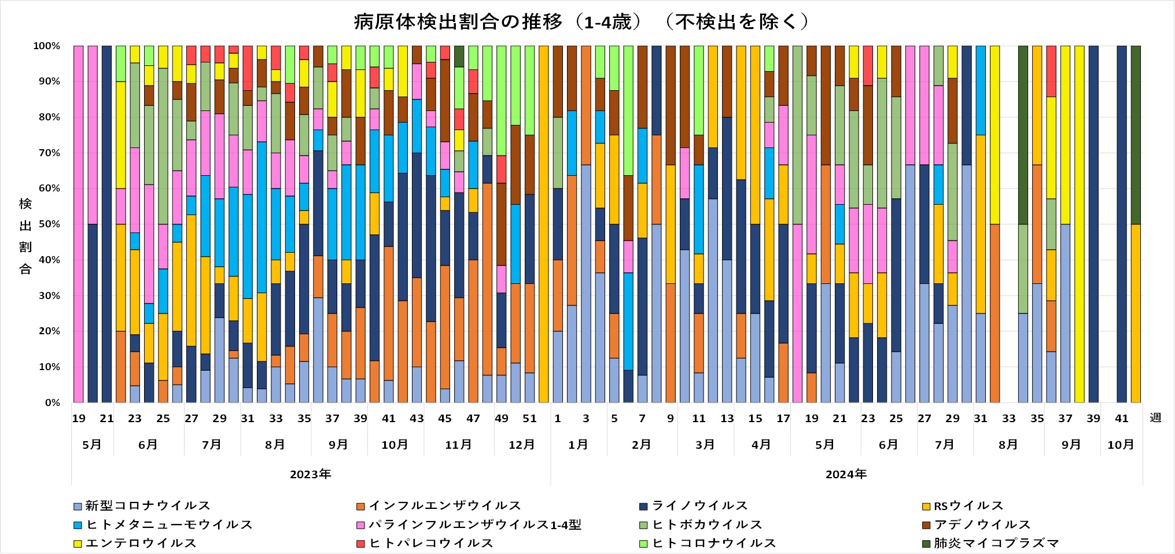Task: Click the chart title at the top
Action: [x=581, y=22]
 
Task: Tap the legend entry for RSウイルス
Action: [x=968, y=506]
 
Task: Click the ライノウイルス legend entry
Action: [x=699, y=506]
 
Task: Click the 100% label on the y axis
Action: [x=47, y=46]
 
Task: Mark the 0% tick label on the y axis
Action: [x=53, y=402]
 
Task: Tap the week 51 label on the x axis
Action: [x=529, y=419]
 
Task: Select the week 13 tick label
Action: [x=727, y=419]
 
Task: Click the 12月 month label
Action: [x=521, y=445]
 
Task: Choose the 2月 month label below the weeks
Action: [x=641, y=445]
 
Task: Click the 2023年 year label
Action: [x=311, y=475]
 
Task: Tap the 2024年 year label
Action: [x=846, y=475]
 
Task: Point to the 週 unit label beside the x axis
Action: [x=1155, y=418]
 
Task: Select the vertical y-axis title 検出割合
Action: [x=25, y=236]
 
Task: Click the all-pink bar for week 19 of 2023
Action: [x=79, y=224]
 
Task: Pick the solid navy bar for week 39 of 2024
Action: [x=1093, y=224]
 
